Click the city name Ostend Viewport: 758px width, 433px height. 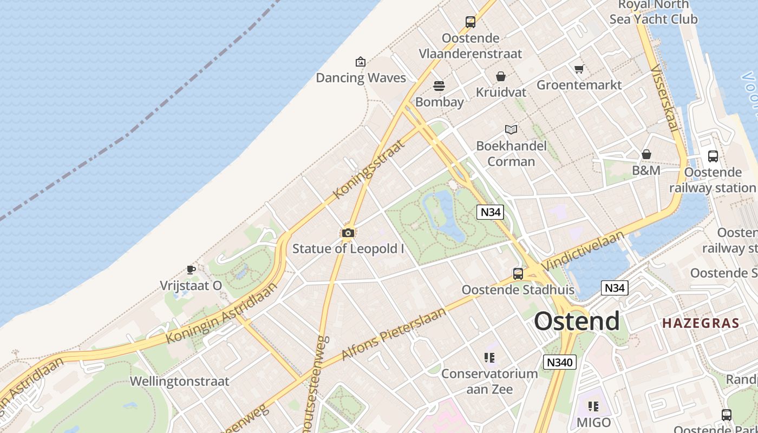tap(577, 321)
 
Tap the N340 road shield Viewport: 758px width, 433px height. tap(560, 362)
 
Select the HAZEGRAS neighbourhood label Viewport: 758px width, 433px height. tap(701, 323)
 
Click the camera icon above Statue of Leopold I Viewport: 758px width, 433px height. tap(348, 233)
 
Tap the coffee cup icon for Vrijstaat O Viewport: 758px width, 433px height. tap(191, 269)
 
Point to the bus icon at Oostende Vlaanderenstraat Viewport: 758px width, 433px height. tap(471, 22)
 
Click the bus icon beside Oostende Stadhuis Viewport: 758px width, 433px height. tap(518, 274)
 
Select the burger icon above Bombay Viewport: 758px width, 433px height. tap(439, 86)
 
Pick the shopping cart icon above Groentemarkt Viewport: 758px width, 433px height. tap(579, 69)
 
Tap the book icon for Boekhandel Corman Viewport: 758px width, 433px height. tap(511, 129)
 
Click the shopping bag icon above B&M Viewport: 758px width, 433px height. tap(646, 155)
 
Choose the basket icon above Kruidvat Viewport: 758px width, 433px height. tap(501, 76)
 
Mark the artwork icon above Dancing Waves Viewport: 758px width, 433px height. tap(361, 62)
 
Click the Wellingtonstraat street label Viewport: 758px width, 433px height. tap(180, 381)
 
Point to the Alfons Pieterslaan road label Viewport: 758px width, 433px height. tap(394, 333)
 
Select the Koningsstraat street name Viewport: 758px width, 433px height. tap(369, 169)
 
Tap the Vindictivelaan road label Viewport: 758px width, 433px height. tap(583, 250)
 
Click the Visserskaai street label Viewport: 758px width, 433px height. tap(664, 99)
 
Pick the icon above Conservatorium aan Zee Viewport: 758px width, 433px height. tap(489, 358)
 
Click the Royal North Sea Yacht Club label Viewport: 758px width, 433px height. tap(654, 12)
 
